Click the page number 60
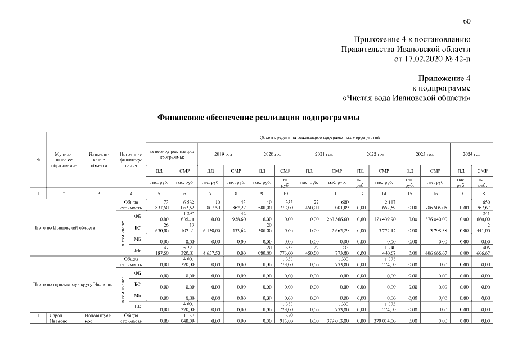tap(466, 21)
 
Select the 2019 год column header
tap(223, 154)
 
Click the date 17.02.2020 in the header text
tap(424, 58)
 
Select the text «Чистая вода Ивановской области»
tap(407, 97)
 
